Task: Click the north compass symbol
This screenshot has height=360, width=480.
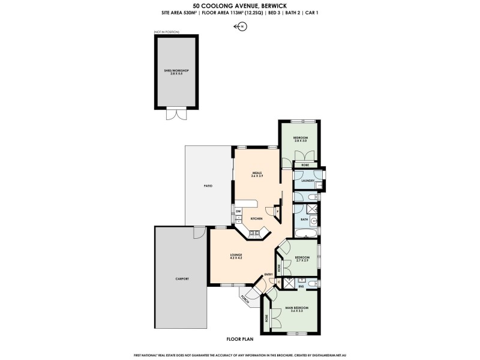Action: point(242,26)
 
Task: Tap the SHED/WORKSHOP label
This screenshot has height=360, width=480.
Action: point(176,71)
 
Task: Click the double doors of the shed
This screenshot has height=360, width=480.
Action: point(176,113)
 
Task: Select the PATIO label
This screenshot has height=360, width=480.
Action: point(208,186)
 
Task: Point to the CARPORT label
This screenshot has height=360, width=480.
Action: point(182,279)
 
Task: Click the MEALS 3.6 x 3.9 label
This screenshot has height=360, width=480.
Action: point(257,175)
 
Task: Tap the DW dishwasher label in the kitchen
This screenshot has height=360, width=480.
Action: point(238,211)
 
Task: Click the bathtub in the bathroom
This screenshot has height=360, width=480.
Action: point(306,231)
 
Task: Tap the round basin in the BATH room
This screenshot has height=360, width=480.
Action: point(313,220)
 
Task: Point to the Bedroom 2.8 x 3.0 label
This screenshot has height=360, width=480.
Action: point(300,139)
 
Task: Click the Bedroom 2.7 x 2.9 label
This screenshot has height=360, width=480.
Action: point(302,259)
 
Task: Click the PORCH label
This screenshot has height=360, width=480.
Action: point(245,297)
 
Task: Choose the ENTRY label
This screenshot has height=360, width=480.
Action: point(268,275)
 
